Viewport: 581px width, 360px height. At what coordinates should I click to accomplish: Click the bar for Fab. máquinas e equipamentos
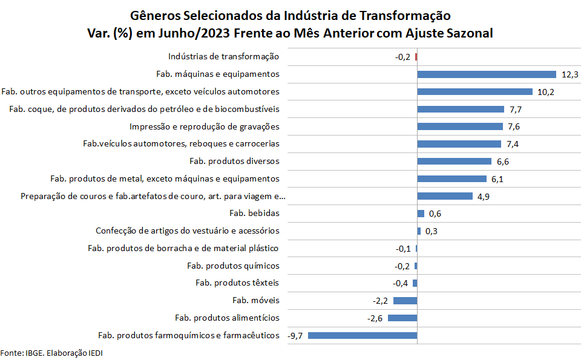coord(487,74)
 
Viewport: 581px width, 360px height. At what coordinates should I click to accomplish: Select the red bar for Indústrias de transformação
coord(416,57)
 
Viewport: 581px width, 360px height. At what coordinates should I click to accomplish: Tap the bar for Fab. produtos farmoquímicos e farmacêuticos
coord(363,335)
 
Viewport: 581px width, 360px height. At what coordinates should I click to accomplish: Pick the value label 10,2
coord(545,92)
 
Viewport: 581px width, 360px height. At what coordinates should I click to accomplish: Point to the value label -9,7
coord(295,335)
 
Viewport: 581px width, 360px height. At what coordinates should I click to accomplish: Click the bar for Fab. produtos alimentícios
coord(402,318)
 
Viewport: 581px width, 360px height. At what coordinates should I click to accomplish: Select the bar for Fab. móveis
coord(405,301)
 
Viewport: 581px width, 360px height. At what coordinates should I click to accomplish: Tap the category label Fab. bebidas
coord(254,213)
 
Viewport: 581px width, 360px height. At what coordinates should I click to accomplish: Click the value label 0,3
coord(432,231)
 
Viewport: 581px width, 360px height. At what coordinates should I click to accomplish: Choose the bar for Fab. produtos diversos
coord(454,162)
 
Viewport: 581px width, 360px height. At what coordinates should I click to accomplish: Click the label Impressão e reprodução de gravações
coord(204,126)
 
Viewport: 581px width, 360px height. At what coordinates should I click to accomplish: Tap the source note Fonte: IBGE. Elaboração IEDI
coord(47,353)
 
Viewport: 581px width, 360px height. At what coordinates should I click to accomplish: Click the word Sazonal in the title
coord(467,34)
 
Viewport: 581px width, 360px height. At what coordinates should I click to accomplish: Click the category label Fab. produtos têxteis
coord(237,283)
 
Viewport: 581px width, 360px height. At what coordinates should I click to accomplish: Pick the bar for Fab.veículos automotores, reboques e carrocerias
coord(459,144)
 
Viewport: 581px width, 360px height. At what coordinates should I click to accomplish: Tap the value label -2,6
coord(376,318)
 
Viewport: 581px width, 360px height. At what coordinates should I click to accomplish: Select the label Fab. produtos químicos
coord(233,266)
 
